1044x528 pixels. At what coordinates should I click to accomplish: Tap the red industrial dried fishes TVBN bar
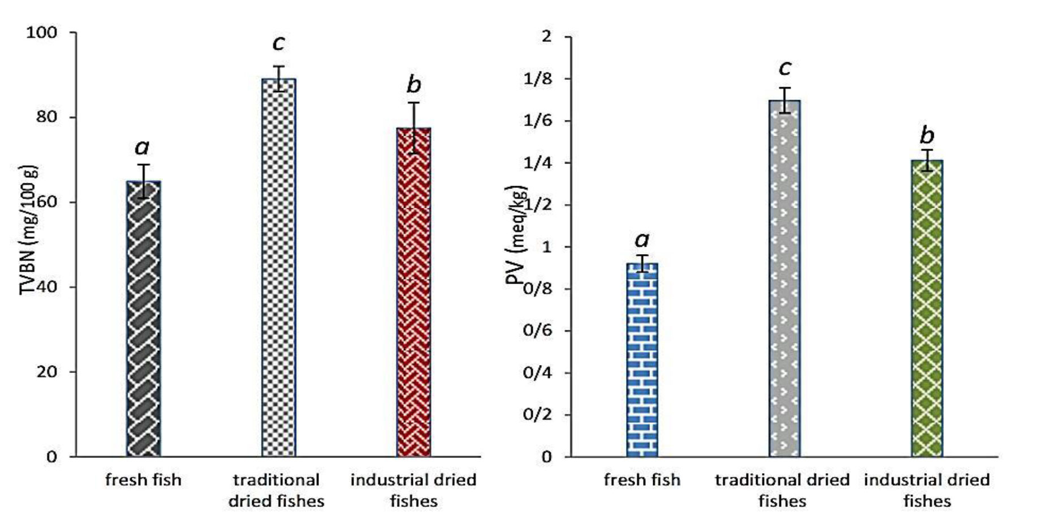coord(413,292)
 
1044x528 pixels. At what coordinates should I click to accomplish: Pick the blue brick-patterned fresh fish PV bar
coord(642,360)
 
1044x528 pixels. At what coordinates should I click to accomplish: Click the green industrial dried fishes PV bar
coord(926,308)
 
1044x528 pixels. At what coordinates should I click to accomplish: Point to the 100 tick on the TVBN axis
coord(42,33)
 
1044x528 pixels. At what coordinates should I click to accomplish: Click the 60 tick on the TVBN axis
coord(46,202)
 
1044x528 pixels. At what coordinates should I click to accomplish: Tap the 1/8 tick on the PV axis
coord(538,79)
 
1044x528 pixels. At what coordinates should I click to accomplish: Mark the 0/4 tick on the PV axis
coord(538,373)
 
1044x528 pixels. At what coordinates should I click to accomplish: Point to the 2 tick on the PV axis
coord(546,37)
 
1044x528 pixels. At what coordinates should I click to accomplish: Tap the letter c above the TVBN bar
coord(278,42)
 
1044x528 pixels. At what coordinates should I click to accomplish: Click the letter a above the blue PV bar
coord(642,240)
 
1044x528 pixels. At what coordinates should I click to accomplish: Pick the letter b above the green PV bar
coord(927,136)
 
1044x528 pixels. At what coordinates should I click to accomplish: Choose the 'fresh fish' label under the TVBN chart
coord(143,480)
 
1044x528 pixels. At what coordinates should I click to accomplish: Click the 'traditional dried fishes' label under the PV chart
coord(782,491)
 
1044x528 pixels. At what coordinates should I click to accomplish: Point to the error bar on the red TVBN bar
coord(414,128)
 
